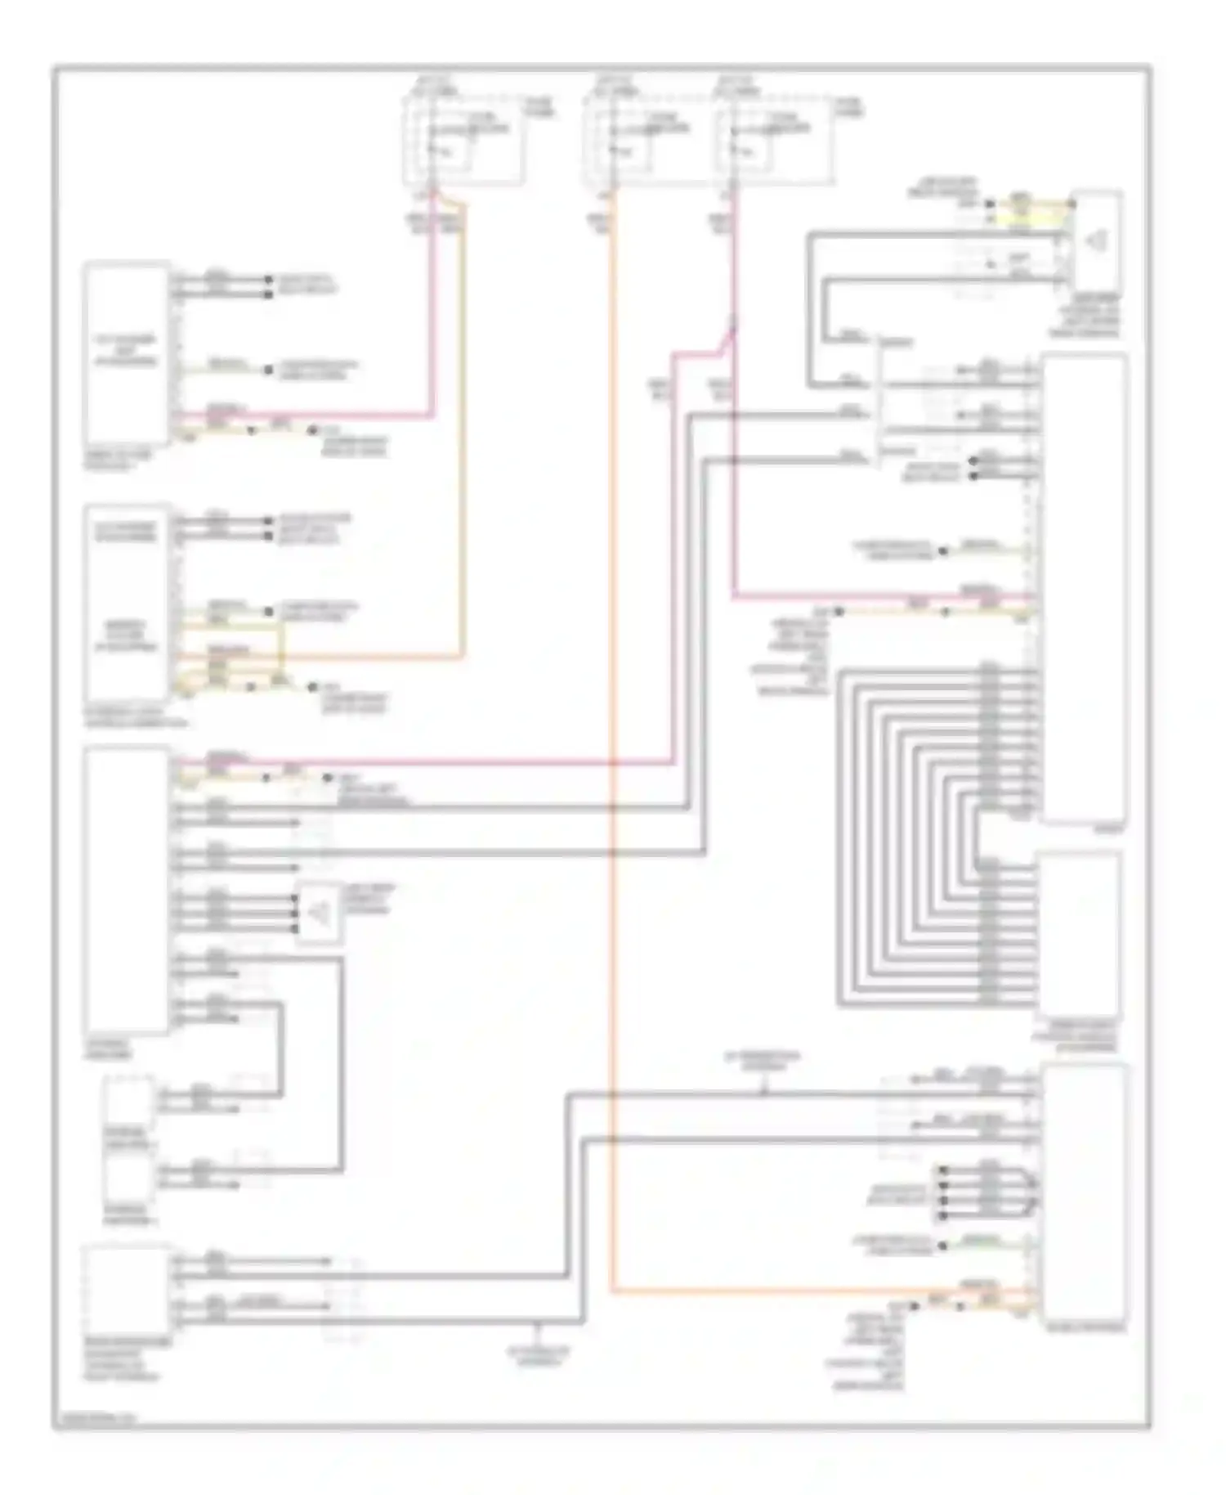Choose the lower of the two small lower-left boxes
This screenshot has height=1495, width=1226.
pyautogui.click(x=129, y=1178)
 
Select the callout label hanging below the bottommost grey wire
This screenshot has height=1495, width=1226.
pyautogui.click(x=537, y=1358)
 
